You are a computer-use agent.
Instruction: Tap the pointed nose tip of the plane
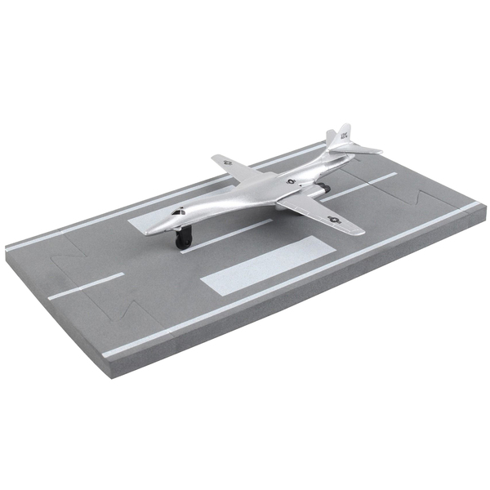(148, 232)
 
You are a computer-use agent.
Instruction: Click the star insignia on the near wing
(333, 219)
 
